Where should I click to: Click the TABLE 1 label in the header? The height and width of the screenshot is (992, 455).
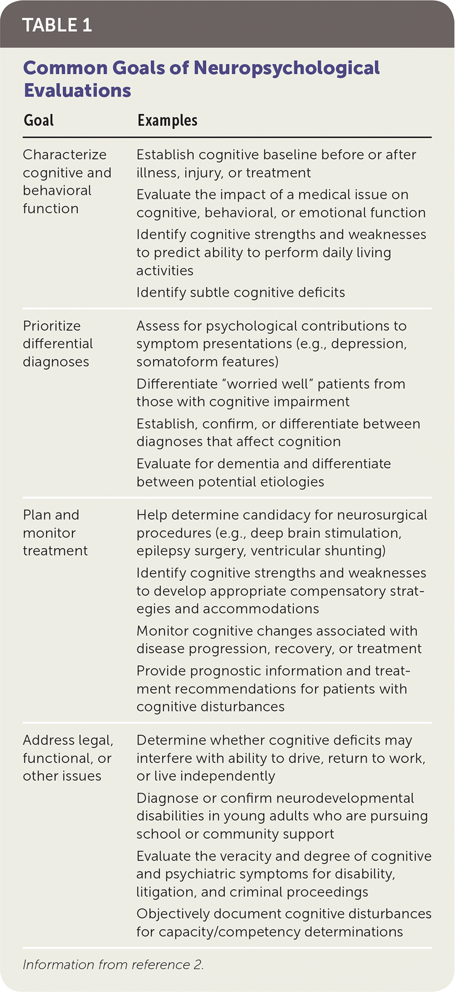pos(57,25)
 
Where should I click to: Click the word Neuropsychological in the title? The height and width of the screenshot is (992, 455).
pos(287,68)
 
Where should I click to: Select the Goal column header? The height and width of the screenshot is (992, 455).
pos(39,121)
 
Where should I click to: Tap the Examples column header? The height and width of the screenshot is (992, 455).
pos(167,121)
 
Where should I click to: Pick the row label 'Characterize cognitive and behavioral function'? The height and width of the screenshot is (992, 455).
pos(67,181)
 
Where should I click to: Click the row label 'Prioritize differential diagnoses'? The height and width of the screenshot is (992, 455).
pos(58,344)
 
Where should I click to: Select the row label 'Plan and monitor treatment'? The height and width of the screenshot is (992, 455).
pos(55,532)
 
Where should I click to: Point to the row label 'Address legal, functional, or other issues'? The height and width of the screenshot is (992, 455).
pos(68,758)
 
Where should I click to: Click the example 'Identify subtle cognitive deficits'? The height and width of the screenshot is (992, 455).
pos(240,292)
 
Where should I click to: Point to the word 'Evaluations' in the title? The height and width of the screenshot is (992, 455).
pos(78,91)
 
